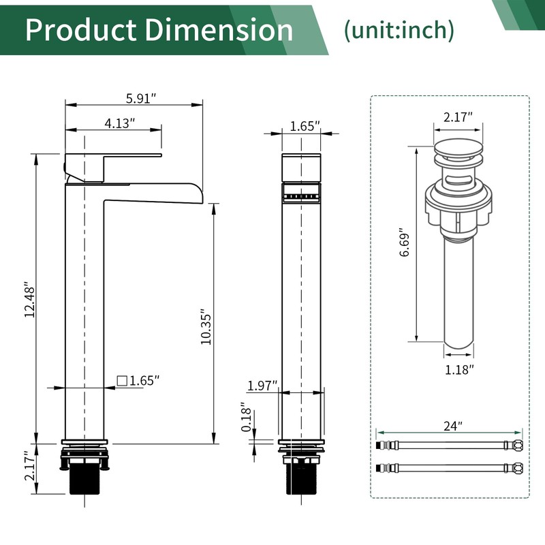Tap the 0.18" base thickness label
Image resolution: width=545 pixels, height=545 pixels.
click(247, 421)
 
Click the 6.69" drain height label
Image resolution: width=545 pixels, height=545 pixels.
click(405, 243)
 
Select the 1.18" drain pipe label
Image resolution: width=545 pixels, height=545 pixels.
click(458, 369)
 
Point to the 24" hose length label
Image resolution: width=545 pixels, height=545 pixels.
click(450, 426)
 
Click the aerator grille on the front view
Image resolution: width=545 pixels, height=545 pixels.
click(300, 194)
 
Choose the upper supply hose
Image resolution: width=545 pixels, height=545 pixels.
click(450, 444)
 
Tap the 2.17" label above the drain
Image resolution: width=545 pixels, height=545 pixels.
click(458, 117)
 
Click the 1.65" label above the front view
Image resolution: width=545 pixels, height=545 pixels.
click(305, 126)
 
